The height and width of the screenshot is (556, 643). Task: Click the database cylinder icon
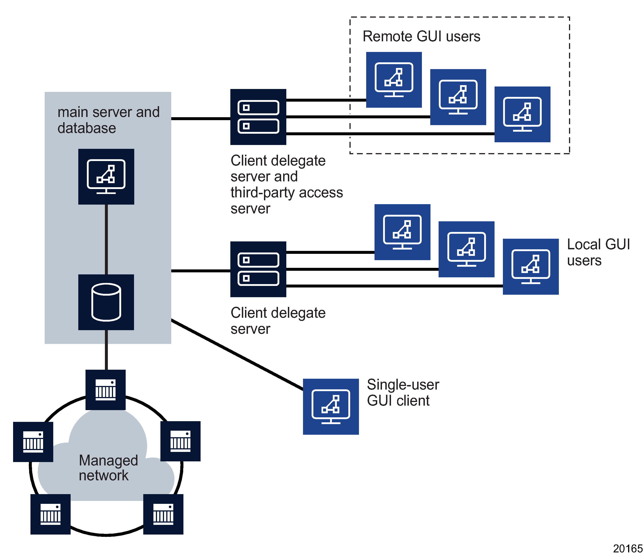[x=106, y=302]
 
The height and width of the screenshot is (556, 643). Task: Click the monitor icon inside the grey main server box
[x=106, y=176]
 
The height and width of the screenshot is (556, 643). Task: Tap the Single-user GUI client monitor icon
[x=331, y=406]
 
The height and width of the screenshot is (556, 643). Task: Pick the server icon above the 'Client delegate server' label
[x=258, y=269]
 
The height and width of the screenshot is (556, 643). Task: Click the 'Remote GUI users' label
[x=421, y=36]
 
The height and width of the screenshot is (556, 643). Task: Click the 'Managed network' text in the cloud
[x=108, y=468]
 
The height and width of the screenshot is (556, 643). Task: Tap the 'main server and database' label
[x=108, y=120]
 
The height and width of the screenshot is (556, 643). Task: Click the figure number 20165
[x=627, y=549]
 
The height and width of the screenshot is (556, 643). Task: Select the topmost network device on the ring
[x=106, y=390]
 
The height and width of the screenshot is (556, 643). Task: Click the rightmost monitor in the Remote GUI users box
[x=522, y=114]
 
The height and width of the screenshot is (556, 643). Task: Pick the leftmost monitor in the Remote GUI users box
[x=394, y=80]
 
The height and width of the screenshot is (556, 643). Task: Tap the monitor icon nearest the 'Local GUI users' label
[x=531, y=266]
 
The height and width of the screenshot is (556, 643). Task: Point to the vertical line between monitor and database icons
[x=106, y=239]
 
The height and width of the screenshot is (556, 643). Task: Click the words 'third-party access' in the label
[x=287, y=193]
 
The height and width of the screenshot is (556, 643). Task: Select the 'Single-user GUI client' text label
[x=402, y=393]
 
